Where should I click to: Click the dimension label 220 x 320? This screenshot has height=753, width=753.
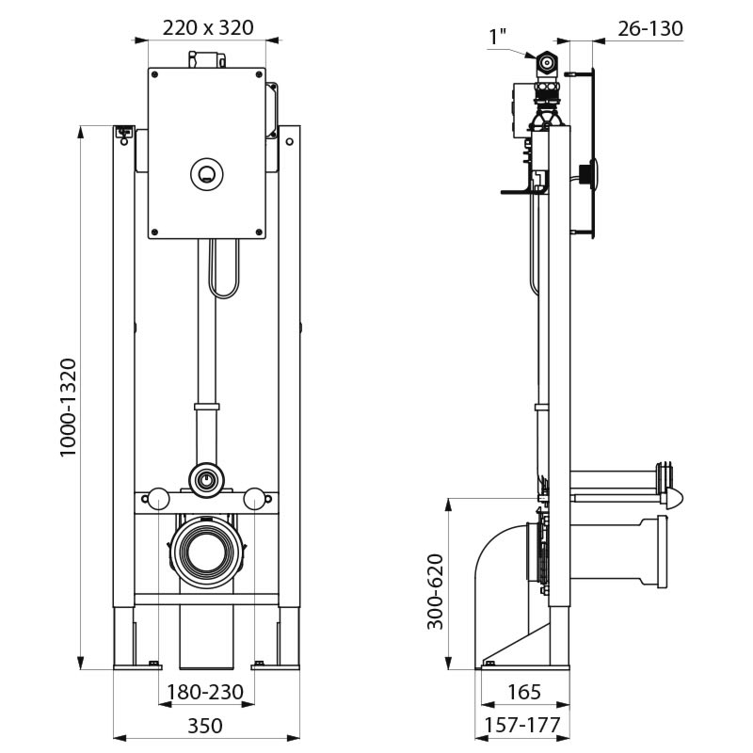coord(207,27)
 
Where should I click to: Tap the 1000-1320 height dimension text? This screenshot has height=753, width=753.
coord(69,407)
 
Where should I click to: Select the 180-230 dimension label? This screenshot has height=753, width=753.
coord(205,693)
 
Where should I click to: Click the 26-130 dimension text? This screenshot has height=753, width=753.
coord(649,29)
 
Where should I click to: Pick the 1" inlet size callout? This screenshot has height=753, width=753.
coord(497,37)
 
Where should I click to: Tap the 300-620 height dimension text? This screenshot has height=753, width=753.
coord(436,592)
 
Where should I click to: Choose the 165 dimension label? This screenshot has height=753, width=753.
coord(523,693)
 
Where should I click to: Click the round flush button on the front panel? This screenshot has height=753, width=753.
coord(207,172)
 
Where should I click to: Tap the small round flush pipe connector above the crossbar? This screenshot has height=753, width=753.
coord(206,480)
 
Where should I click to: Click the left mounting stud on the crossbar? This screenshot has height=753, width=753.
coord(158,499)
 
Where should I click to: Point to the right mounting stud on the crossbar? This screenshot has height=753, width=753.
coord(254,499)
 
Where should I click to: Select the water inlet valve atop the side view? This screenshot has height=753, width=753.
coord(546,66)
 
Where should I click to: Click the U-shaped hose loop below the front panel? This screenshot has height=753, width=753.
coord(224,269)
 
